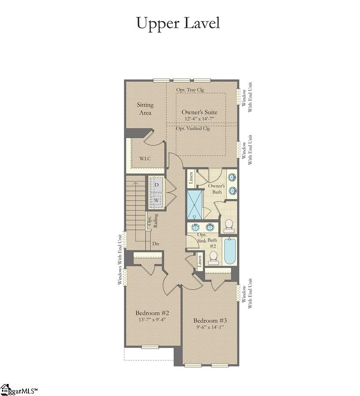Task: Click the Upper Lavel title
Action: click(178, 23)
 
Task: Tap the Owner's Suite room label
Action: click(200, 112)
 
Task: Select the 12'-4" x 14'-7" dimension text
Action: click(200, 119)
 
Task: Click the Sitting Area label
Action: click(145, 109)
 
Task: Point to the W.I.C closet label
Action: click(144, 158)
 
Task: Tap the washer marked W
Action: click(157, 200)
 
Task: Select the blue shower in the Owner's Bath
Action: click(194, 205)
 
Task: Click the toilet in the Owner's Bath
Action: click(229, 225)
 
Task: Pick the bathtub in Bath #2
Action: click(230, 251)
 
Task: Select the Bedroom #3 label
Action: click(210, 321)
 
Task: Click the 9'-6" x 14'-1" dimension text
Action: click(210, 327)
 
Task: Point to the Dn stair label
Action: click(156, 244)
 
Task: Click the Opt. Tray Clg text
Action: click(190, 90)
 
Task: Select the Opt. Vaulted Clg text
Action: click(193, 128)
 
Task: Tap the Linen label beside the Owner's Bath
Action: click(191, 178)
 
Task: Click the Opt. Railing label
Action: click(153, 220)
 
